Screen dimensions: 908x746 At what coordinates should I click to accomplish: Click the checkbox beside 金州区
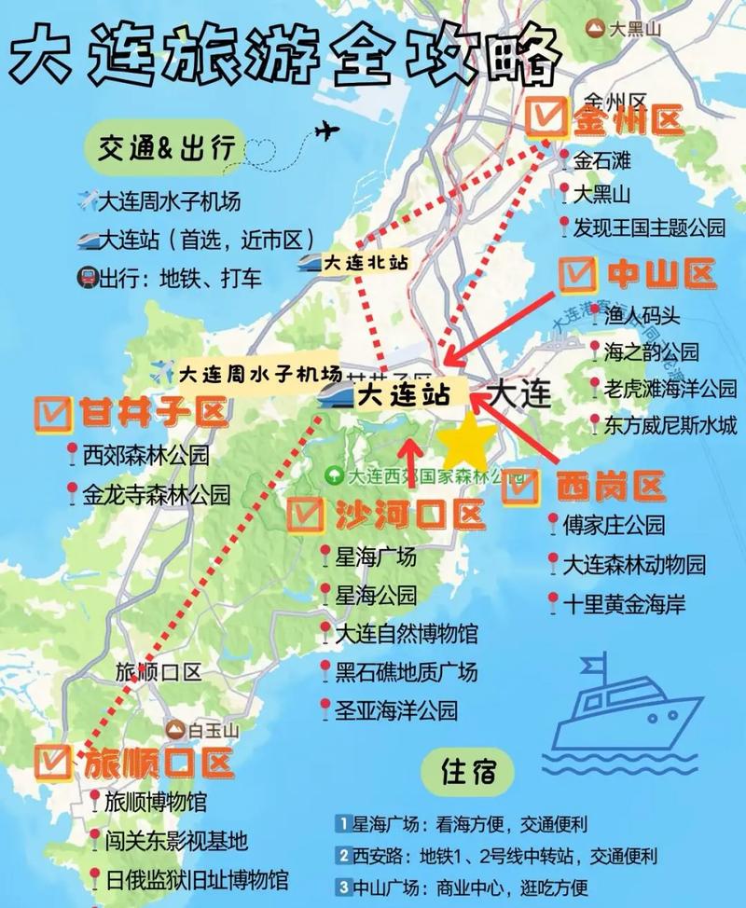[546, 118]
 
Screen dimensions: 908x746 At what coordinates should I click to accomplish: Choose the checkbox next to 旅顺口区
[53, 762]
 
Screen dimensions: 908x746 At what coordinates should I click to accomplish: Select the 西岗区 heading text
[610, 486]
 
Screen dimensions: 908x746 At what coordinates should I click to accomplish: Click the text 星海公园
[376, 595]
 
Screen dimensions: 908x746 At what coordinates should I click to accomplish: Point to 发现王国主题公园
[649, 227]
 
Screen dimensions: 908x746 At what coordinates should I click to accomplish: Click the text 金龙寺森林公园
[156, 494]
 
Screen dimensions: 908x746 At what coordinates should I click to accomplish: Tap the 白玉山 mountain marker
[175, 727]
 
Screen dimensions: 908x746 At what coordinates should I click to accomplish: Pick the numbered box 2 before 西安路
[344, 855]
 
